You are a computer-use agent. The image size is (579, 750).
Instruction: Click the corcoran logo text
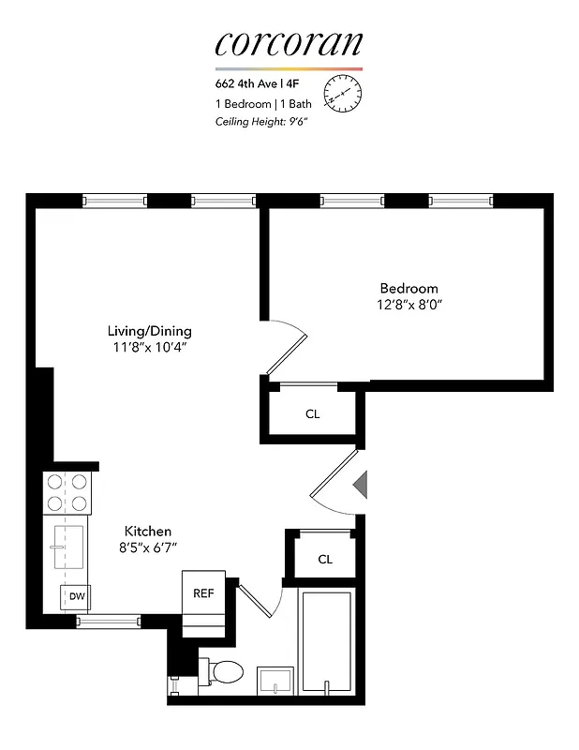coord(288,44)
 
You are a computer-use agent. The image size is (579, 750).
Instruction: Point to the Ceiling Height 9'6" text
coord(261,121)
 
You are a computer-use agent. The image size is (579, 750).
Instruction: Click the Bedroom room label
coord(408,288)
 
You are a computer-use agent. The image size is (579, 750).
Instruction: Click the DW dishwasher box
coord(75,596)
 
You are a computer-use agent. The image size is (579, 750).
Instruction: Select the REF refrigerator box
coord(203,592)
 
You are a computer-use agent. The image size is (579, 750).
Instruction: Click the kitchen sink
coord(69,547)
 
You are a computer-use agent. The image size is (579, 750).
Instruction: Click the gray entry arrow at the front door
coord(360,485)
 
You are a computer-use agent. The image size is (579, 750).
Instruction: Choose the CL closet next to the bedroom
coord(312,413)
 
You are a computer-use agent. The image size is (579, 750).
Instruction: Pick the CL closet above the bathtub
coord(325,559)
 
